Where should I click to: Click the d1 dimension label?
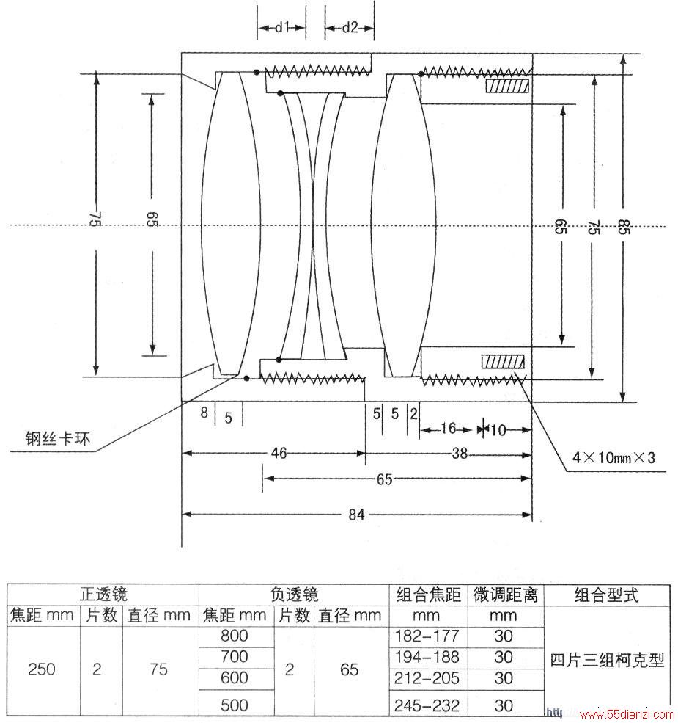point(281,28)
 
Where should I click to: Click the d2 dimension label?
point(350,28)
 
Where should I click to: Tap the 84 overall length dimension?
point(356,514)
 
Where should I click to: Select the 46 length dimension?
point(279,453)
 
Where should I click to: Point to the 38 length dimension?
point(460,454)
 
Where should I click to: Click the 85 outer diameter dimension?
point(623,227)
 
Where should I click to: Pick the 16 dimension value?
point(448,429)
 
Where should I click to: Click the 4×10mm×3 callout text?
point(613,457)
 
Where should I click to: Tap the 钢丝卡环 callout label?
point(58,438)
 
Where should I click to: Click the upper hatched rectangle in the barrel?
point(508,86)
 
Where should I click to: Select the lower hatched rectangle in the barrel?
point(503,362)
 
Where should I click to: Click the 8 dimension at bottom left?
point(204,413)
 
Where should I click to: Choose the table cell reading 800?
point(235,636)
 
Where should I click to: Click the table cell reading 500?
point(235,705)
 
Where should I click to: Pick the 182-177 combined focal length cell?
point(427,636)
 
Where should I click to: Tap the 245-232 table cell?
point(427,705)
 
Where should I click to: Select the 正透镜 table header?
point(103,595)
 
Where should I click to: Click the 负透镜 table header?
point(295,595)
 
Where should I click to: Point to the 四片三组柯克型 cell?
point(607,661)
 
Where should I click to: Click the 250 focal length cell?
point(42,669)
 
